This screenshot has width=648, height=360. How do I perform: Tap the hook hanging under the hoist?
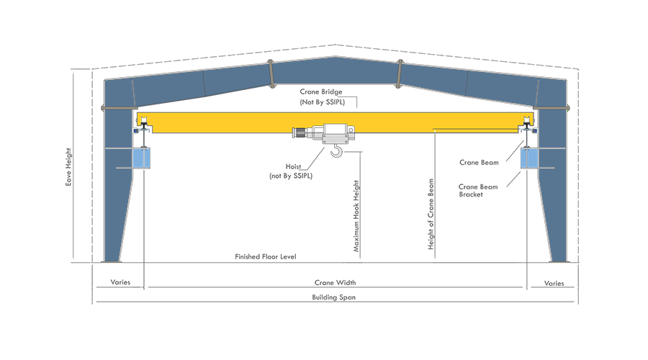(336, 150)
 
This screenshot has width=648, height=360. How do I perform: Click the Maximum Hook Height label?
(356, 215)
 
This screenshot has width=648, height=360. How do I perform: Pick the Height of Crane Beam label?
(431, 215)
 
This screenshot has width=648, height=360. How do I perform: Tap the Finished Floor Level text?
(266, 257)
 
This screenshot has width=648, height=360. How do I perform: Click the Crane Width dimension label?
(335, 283)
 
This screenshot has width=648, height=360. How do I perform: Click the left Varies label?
(120, 283)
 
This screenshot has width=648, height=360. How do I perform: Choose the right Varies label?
(554, 283)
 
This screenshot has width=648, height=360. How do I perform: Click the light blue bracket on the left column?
(143, 158)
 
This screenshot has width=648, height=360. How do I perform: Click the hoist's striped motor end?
(300, 132)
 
